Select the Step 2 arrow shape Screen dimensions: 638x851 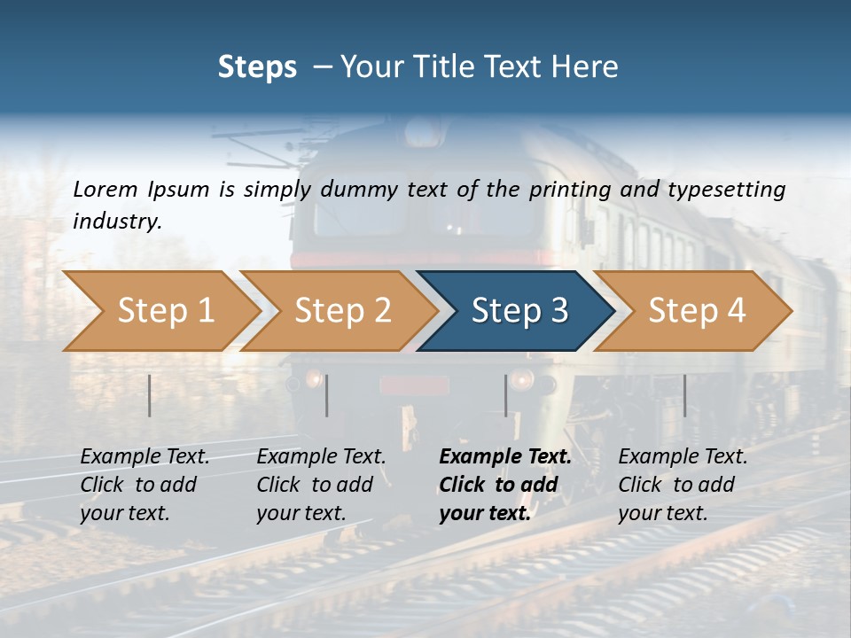click(342, 311)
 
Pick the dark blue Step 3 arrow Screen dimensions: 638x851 click(519, 311)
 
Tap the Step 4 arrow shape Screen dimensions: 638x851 click(697, 311)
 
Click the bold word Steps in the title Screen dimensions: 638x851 click(257, 66)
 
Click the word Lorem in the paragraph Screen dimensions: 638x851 click(105, 189)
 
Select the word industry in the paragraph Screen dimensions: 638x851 click(117, 221)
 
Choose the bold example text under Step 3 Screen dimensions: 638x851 click(505, 485)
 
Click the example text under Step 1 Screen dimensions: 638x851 click(144, 485)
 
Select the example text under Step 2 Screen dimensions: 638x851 click(321, 485)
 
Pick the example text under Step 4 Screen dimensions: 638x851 click(683, 485)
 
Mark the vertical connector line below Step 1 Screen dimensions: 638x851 click(150, 395)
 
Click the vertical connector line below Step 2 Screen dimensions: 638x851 click(327, 395)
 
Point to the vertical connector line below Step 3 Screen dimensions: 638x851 click(506, 395)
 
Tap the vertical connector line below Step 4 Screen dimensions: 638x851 click(684, 395)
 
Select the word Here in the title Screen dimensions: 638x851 click(589, 66)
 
